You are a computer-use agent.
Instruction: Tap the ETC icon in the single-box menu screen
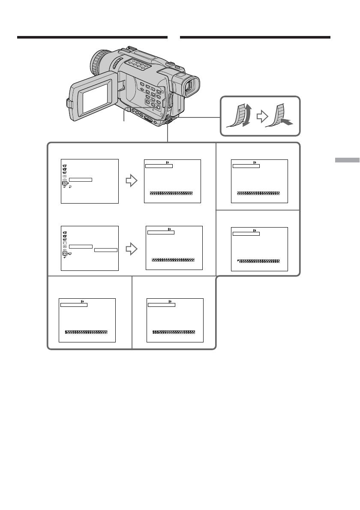coord(64,183)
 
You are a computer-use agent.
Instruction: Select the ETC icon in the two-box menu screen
coord(64,253)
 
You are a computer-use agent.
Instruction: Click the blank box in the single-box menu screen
coord(81,179)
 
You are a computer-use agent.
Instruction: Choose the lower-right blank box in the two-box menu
coord(106,249)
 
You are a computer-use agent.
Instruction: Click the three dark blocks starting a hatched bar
coord(155,332)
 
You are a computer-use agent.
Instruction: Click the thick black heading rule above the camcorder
coord(92,37)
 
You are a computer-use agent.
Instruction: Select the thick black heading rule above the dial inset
coord(255,37)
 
